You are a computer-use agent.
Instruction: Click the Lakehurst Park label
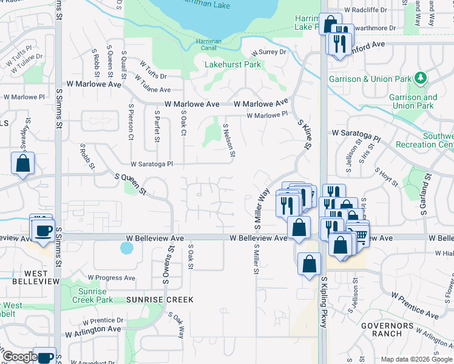click(232, 64)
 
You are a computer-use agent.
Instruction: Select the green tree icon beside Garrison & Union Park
click(419, 78)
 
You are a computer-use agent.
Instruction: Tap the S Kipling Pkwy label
click(324, 303)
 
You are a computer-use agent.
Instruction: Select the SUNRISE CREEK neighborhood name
click(160, 300)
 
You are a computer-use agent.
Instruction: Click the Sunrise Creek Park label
click(92, 295)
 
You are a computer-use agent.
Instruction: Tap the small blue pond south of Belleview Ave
click(126, 248)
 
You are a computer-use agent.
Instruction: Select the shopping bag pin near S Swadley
click(22, 163)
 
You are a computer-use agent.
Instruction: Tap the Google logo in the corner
click(20, 357)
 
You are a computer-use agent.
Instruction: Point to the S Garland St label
click(425, 188)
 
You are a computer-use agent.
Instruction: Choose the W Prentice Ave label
click(415, 305)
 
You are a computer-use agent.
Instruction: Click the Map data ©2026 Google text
click(416, 359)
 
